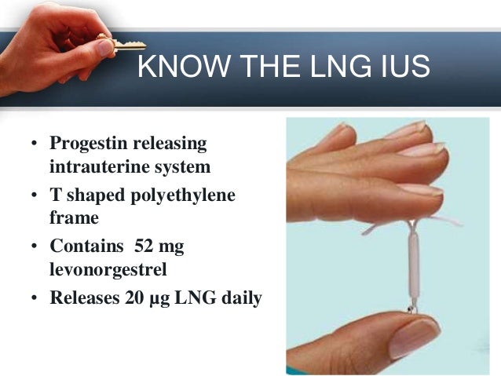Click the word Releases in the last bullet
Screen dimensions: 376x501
click(x=81, y=297)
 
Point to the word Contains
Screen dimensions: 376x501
click(x=82, y=246)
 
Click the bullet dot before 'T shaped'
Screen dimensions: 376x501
click(x=35, y=195)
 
